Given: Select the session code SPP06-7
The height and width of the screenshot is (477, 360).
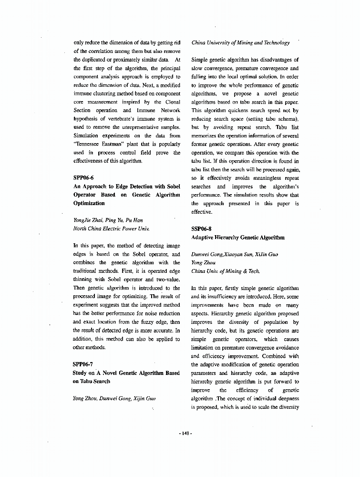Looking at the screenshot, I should (83, 364).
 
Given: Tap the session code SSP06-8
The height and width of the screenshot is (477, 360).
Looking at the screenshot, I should (202, 228).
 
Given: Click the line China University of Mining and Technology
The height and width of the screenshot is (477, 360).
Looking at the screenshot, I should (240, 42).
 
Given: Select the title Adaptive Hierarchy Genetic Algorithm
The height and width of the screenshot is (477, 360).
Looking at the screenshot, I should (237, 237).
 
